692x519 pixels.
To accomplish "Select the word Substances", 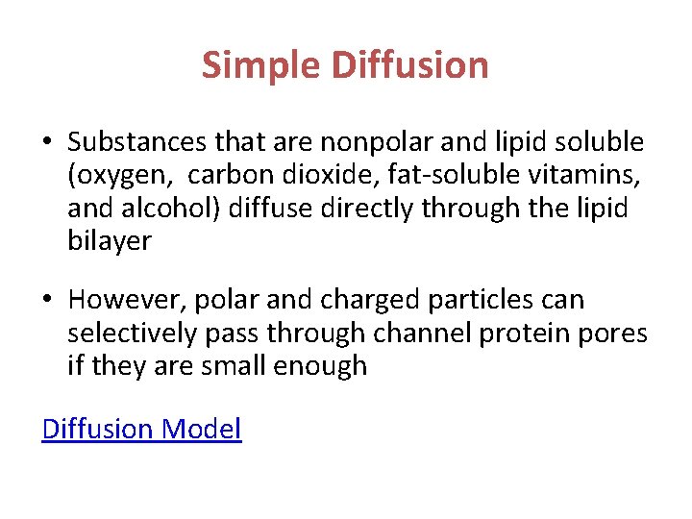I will click(x=137, y=142).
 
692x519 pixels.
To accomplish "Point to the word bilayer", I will click(x=110, y=241).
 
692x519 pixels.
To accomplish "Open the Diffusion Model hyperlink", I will click(x=141, y=429).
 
